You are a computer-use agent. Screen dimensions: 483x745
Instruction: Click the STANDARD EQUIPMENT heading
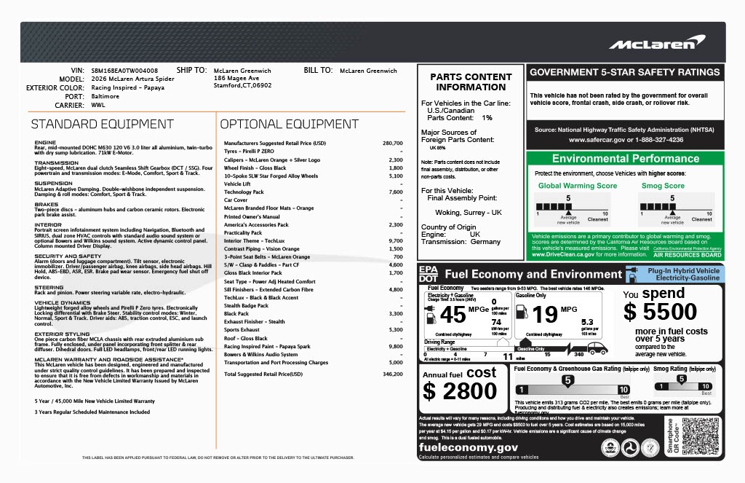[x=102, y=124]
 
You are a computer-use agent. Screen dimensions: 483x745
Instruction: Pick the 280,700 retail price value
[x=392, y=143]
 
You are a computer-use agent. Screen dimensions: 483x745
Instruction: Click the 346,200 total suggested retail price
[x=392, y=374]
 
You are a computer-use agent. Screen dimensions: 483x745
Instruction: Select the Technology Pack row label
[x=244, y=192]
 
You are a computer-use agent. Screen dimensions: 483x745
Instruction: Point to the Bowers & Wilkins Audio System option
[x=260, y=354]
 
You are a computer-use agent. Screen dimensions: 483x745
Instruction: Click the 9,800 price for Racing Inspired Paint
[x=396, y=346]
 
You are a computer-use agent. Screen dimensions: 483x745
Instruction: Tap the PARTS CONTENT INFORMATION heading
[x=471, y=82]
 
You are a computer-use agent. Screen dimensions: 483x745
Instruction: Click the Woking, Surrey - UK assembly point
[x=469, y=212]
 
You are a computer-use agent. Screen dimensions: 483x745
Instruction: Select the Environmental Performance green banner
[x=625, y=159]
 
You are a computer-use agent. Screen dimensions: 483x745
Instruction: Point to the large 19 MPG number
[x=545, y=315]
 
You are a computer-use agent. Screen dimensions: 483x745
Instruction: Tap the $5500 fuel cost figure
[x=661, y=312]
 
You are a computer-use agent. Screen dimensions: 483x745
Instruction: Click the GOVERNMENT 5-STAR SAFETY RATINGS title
[x=625, y=72]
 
